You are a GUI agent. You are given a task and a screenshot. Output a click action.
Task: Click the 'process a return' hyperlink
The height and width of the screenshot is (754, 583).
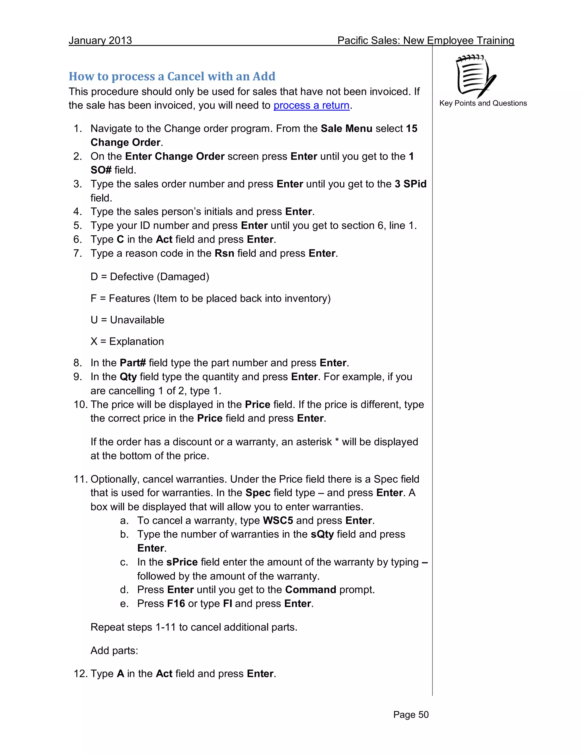coord(311,105)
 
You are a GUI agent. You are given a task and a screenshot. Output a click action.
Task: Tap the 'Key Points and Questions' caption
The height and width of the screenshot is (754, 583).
coord(483,103)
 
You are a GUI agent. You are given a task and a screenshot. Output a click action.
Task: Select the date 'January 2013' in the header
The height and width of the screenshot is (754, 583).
coord(100,40)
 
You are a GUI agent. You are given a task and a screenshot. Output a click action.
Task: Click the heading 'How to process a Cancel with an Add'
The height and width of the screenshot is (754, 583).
coord(172,76)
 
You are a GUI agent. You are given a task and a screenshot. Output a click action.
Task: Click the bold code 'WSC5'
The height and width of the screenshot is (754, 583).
coord(278,520)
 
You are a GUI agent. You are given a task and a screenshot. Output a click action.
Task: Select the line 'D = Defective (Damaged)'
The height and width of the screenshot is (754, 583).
coord(150,277)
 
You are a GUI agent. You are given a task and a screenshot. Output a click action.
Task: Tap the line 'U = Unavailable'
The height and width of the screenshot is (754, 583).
coord(127,320)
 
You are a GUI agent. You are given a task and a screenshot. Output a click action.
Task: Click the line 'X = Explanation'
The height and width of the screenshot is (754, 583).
coord(127,341)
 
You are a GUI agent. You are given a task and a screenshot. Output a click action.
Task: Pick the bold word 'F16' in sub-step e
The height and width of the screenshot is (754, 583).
coord(176,603)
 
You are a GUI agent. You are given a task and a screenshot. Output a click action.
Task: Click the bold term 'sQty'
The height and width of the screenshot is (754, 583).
coord(322,534)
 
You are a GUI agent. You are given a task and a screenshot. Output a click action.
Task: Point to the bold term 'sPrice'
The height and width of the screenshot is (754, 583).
coord(182,562)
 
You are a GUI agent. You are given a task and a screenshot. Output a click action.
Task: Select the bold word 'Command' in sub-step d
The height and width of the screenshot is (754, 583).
coord(311,589)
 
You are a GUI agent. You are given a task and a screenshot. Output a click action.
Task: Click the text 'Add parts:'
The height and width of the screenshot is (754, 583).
coord(114,650)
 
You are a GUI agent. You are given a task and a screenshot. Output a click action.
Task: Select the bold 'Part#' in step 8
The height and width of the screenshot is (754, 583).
coord(133,362)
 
